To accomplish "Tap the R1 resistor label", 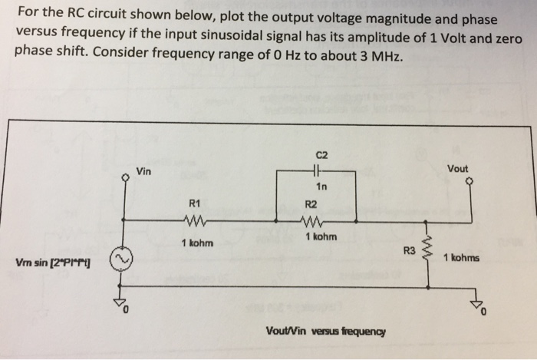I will [194, 203].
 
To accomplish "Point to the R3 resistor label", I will [410, 250].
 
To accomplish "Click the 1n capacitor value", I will [321, 187].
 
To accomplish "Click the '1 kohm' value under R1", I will [197, 243].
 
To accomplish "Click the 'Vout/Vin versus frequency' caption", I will [325, 332].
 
